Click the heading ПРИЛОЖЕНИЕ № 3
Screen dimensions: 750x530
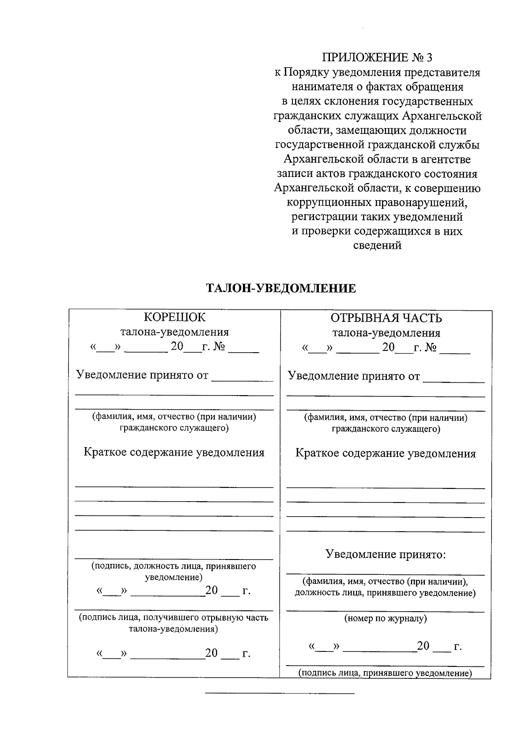coord(377,57)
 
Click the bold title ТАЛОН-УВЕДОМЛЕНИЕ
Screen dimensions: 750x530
coord(281,289)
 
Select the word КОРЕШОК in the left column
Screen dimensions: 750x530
coord(175,317)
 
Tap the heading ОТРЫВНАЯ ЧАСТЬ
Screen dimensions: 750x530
coord(386,318)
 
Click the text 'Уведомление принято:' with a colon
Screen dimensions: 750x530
coord(386,554)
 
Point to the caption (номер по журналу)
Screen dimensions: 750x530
coord(386,619)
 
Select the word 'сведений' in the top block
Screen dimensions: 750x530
coord(378,246)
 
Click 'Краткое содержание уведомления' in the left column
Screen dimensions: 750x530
coord(174,453)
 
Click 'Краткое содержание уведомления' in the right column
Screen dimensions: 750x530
coord(386,453)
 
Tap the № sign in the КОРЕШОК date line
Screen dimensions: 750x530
coord(220,347)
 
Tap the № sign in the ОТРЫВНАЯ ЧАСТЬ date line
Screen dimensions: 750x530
coord(431,348)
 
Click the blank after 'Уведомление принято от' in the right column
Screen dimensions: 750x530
coord(454,379)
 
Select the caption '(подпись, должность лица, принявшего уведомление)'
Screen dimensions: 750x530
coord(174,571)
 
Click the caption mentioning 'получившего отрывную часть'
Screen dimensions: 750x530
coord(174,623)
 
